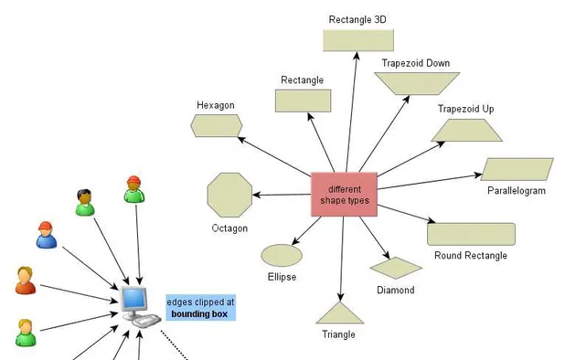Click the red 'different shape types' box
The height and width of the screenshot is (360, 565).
[x=345, y=194]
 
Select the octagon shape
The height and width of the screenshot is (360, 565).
[x=229, y=194]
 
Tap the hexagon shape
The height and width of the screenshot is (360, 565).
[x=217, y=125]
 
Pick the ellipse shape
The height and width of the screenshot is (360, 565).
[x=282, y=255]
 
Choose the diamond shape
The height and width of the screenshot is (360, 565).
[x=396, y=267]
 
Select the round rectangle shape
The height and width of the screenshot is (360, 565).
[x=471, y=234]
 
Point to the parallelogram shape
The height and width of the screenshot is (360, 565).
[x=517, y=169]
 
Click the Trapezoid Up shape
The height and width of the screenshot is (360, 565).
[x=466, y=131]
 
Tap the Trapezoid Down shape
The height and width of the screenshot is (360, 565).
[x=416, y=83]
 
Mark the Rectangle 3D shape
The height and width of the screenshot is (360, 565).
[x=357, y=40]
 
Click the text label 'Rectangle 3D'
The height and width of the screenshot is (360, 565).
[x=357, y=19]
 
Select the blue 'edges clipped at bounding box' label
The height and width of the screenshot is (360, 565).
[x=200, y=308]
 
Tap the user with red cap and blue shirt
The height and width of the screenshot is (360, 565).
[x=46, y=236]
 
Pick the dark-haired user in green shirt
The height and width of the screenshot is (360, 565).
[x=84, y=202]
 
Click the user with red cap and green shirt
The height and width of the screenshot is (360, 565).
[x=134, y=188]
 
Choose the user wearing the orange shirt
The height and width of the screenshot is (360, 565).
[x=26, y=281]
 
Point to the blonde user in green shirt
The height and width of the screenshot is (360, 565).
[x=25, y=333]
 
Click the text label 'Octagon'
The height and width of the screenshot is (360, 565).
[x=229, y=228]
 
